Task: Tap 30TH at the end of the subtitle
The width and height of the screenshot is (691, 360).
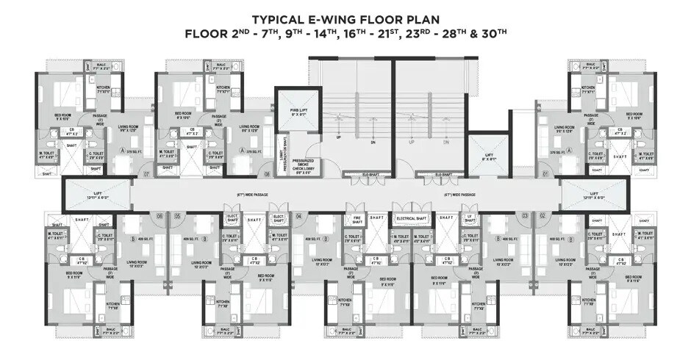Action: (492, 33)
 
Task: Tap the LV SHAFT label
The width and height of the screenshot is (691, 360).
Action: (468, 218)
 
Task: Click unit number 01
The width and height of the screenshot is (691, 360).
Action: (545, 174)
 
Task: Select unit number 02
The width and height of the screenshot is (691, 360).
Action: (543, 215)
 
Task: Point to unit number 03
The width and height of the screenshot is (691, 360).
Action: (524, 215)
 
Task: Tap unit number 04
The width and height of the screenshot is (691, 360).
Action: (298, 215)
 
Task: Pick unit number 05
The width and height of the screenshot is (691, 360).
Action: (177, 215)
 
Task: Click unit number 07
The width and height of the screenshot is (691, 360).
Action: (147, 174)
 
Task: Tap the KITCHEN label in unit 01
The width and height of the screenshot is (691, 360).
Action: (587, 92)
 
